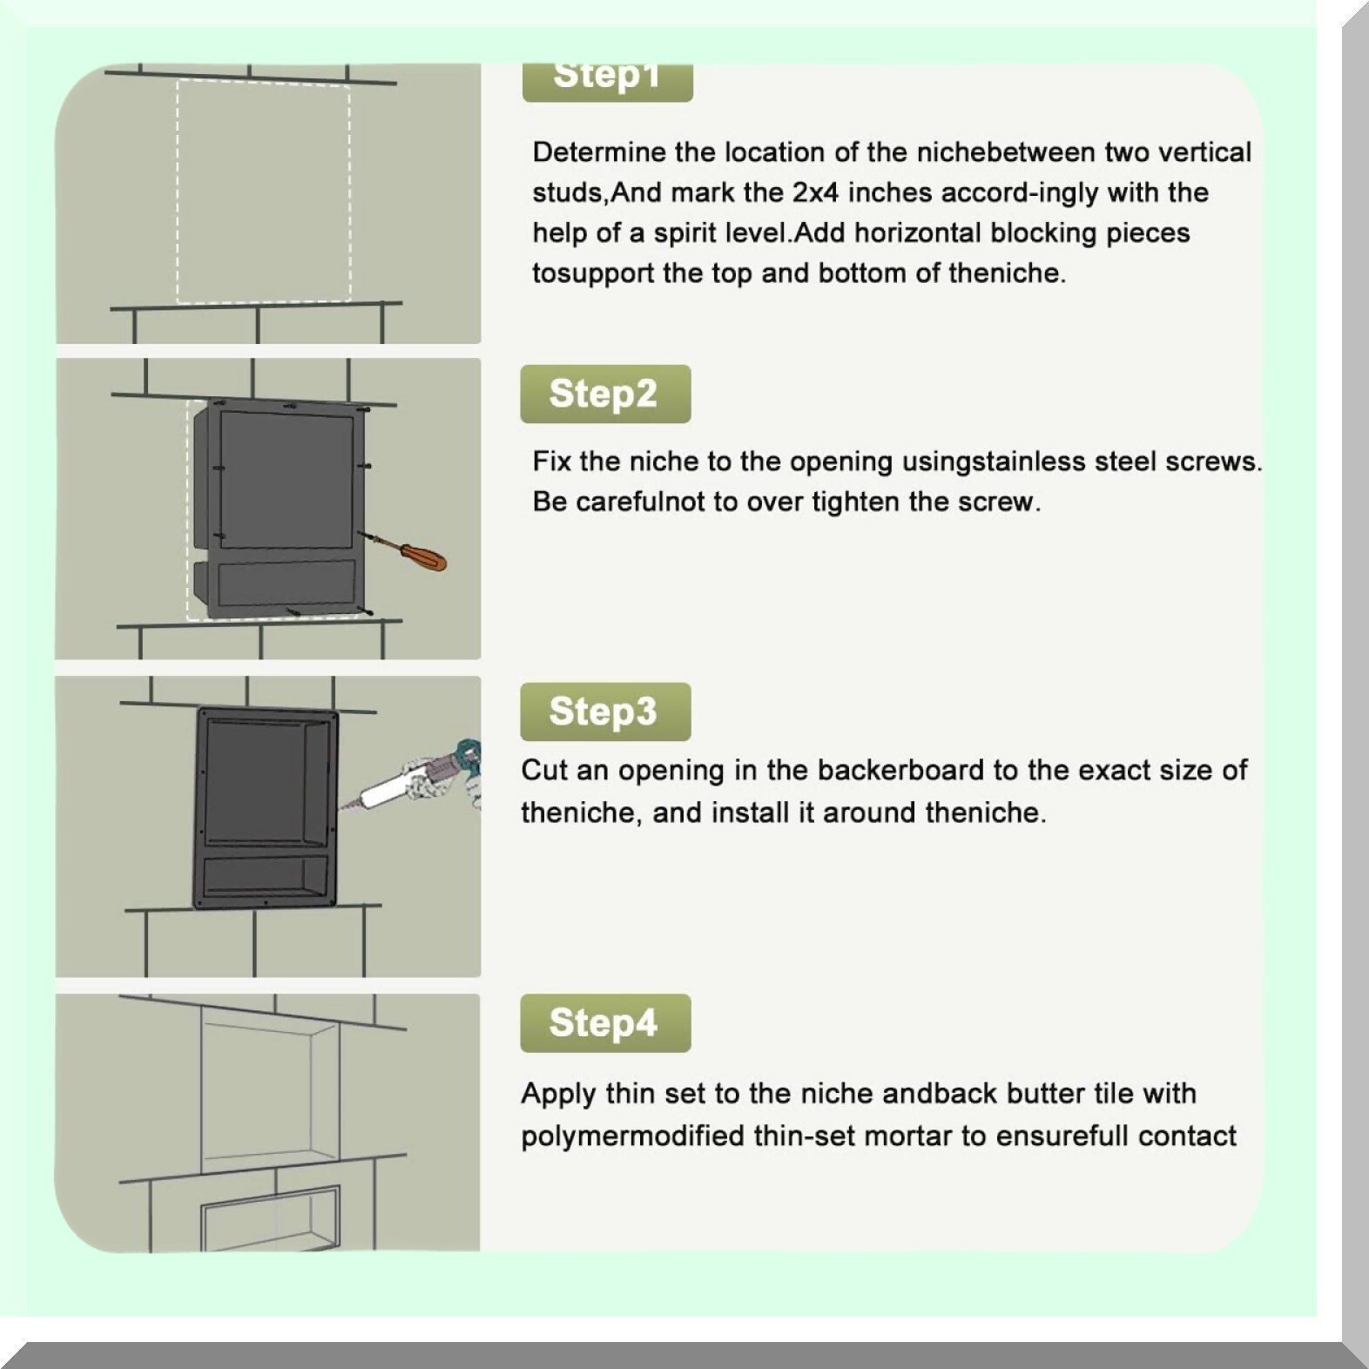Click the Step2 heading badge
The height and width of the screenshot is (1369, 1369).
click(x=605, y=394)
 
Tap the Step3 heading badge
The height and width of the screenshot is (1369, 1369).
click(x=605, y=711)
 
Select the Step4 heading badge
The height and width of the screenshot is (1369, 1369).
click(x=605, y=1022)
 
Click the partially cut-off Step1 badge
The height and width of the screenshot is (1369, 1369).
click(x=607, y=81)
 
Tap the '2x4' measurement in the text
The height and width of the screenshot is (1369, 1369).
click(x=815, y=192)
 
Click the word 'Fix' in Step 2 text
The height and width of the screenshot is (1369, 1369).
click(x=551, y=461)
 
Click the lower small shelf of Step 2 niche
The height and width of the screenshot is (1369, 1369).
click(x=287, y=583)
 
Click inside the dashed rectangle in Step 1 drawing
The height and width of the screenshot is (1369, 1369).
click(x=264, y=192)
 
